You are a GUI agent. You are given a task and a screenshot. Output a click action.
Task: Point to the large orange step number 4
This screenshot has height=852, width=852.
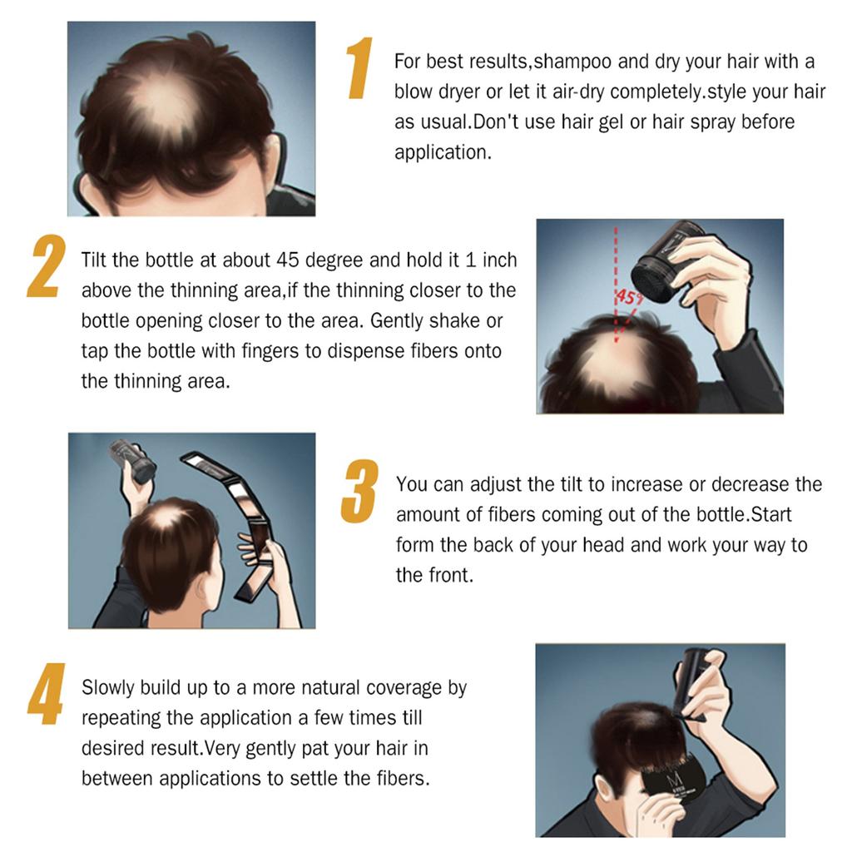pos(46,693)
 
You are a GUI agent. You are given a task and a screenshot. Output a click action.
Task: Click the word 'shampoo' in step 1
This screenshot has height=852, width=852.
pos(567,62)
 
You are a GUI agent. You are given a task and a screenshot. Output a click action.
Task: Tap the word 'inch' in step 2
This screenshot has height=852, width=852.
pos(498,260)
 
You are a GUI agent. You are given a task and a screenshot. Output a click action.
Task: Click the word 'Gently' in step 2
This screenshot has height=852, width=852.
pos(402,320)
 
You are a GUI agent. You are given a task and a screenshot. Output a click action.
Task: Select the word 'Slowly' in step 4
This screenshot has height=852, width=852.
pos(109,688)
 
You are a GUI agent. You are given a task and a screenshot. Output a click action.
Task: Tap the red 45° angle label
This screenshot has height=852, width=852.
pos(626,297)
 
